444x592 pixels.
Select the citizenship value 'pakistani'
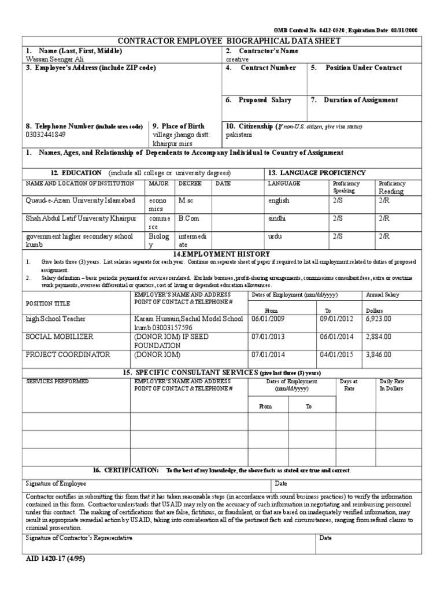pos(239,134)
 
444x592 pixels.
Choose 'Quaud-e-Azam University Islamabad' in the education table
pos(80,201)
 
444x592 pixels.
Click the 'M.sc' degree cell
pos(187,201)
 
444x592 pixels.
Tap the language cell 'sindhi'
pos(277,219)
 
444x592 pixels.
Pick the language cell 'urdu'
pos(276,236)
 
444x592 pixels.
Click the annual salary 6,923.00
pos(378,319)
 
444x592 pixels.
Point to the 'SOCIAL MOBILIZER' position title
pos(59,336)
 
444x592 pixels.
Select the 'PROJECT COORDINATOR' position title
pos(68,354)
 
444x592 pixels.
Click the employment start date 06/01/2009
pos(268,319)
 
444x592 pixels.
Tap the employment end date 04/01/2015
pos(336,354)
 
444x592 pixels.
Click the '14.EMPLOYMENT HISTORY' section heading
pos(221,254)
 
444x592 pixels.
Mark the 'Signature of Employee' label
pos(56,483)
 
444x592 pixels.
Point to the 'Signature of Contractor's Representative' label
pos(79,538)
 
